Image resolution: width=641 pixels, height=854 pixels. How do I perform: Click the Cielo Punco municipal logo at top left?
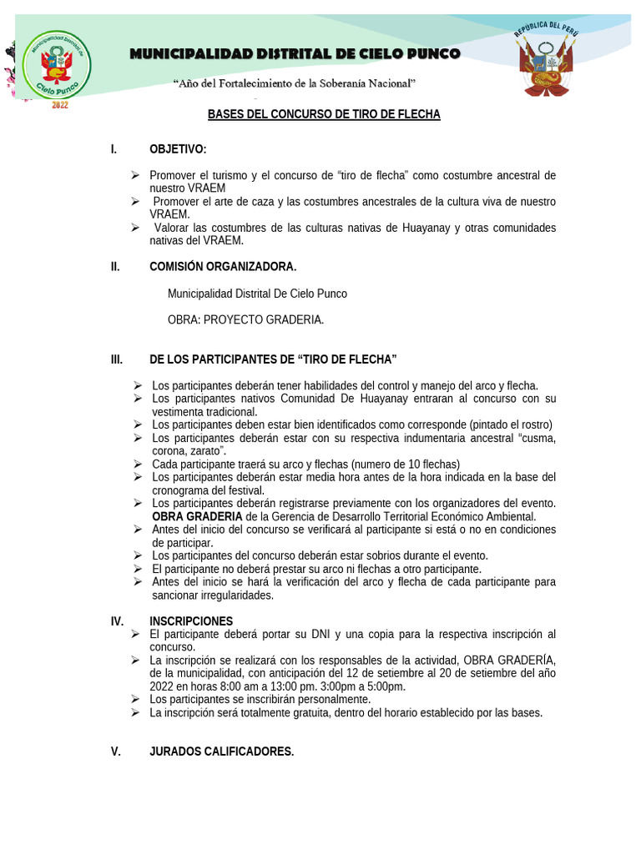56,65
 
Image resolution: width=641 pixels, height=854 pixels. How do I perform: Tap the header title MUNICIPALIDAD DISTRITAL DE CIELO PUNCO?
295,54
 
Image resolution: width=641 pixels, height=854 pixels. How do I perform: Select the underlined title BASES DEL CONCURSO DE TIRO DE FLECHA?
324,114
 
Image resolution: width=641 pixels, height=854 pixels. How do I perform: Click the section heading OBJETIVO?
178,149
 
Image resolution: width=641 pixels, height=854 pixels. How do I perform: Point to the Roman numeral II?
115,267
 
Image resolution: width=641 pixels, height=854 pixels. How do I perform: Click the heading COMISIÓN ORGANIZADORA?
223,267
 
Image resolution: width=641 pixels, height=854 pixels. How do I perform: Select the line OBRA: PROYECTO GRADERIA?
245,319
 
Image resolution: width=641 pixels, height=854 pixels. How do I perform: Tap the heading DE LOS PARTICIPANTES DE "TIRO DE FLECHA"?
273,359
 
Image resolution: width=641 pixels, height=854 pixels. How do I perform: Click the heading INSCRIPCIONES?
191,621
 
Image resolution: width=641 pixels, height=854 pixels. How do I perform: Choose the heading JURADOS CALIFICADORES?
221,751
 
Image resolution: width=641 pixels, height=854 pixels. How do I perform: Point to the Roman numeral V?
116,751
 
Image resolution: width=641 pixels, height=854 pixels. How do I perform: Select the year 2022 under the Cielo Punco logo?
60,105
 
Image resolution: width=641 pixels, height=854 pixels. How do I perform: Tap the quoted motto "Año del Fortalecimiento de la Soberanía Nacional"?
294,83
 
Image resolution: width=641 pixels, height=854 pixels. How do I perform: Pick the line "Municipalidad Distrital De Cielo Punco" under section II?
257,294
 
